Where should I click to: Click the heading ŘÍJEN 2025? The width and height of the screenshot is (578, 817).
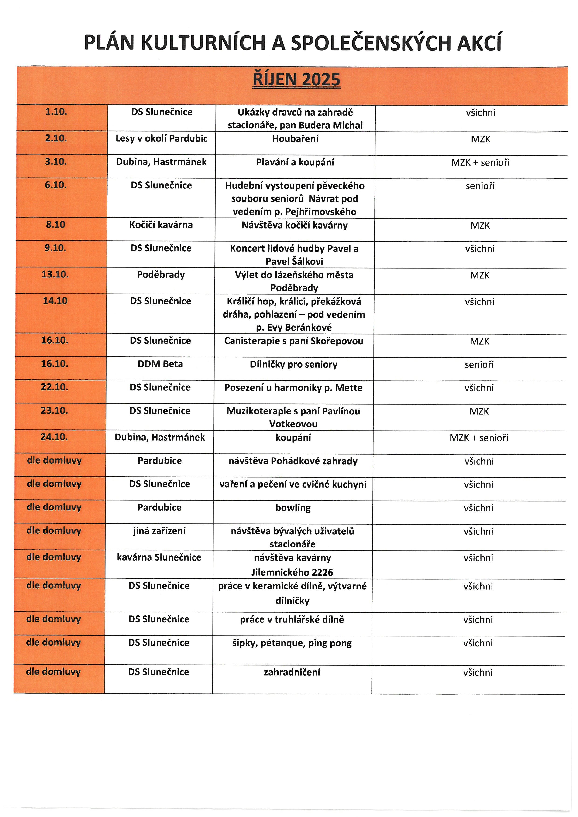[296, 80]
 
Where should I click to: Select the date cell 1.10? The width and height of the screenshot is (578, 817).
[56, 112]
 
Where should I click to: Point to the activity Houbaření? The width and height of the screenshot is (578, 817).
[295, 139]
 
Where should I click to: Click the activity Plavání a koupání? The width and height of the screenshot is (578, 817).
[295, 162]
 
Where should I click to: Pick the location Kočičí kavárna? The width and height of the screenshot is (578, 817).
[161, 225]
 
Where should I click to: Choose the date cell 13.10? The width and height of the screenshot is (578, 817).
[55, 274]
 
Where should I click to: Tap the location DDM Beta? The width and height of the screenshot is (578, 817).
[160, 364]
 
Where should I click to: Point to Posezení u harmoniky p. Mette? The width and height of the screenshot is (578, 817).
[293, 388]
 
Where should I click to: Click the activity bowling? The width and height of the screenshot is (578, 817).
[293, 508]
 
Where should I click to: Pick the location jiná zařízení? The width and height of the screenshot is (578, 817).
[159, 531]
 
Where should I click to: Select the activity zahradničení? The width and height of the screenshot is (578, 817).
[292, 672]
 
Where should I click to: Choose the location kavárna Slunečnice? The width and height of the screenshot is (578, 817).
[159, 557]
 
